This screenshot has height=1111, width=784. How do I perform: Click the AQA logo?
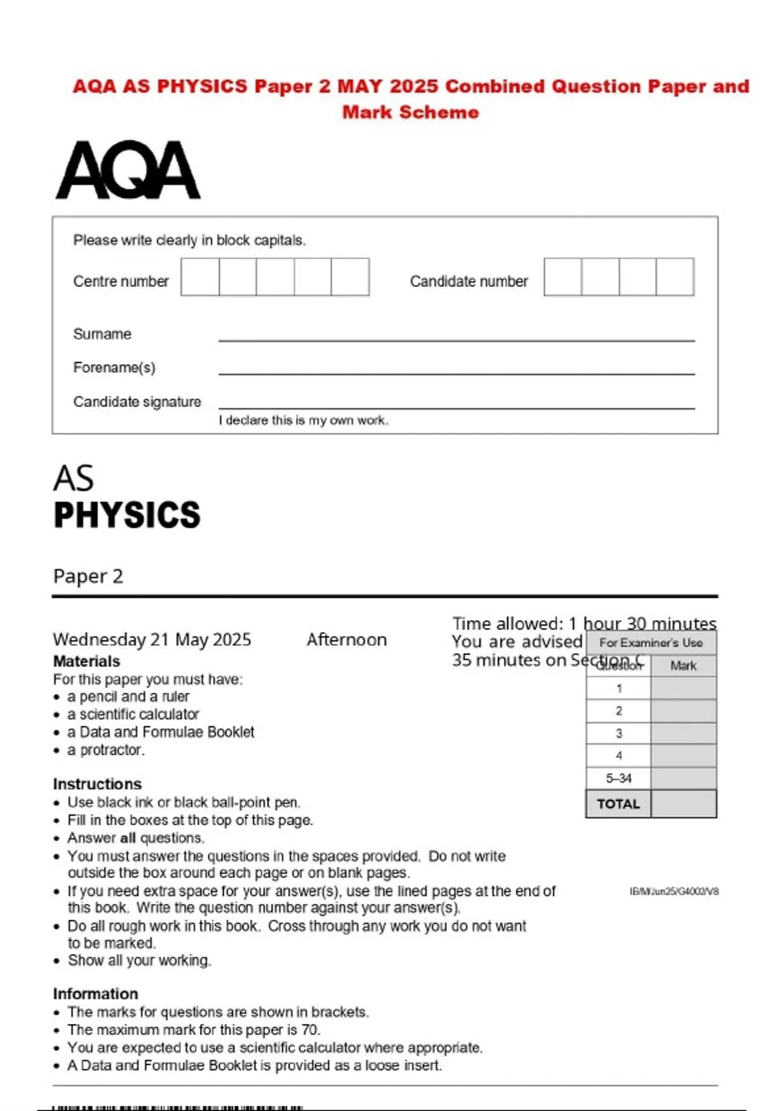pos(128,170)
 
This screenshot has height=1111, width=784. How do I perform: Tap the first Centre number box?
pos(200,277)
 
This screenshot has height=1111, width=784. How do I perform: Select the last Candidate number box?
pos(675,277)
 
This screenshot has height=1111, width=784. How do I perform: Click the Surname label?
pos(102,334)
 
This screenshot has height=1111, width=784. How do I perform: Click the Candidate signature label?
pos(137,402)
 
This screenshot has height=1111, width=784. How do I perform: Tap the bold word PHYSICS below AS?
pos(127,515)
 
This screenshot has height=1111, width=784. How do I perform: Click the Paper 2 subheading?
pos(88,576)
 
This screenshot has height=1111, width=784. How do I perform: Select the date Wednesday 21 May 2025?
pos(152,639)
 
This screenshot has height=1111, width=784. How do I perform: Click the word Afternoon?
pos(346,639)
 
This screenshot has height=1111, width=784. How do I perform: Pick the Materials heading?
pos(86,661)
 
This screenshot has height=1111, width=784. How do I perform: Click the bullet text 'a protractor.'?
pos(106,750)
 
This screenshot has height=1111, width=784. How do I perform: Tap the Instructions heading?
pos(97,784)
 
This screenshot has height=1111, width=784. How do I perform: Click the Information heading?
pos(95,993)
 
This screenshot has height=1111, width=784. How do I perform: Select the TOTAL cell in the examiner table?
pos(618,804)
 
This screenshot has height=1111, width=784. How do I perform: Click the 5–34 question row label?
pos(618,778)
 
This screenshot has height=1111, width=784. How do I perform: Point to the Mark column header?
pos(683,666)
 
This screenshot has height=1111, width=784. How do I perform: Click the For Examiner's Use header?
pos(651,643)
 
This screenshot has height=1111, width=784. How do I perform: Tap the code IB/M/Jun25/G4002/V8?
pos(674,891)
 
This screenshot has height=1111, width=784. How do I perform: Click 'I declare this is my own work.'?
pos(303,420)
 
